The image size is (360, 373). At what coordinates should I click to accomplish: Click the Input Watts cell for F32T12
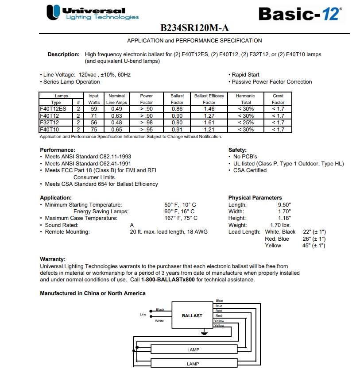(x=93, y=123)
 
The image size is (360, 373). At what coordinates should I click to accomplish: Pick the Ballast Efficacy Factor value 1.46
(x=209, y=109)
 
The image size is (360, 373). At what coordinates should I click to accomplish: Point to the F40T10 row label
(x=49, y=130)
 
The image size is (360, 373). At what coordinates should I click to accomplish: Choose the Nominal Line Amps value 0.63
(x=116, y=116)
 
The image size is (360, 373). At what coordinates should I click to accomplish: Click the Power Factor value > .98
(x=146, y=123)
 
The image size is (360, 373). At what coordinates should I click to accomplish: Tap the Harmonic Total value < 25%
(x=245, y=123)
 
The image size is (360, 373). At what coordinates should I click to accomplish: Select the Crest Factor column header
(x=278, y=99)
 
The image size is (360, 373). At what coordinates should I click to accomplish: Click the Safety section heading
(x=237, y=150)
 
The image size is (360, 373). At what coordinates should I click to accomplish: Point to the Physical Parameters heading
(x=255, y=198)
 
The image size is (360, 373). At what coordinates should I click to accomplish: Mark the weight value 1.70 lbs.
(x=280, y=225)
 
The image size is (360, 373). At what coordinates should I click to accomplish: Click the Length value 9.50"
(x=284, y=205)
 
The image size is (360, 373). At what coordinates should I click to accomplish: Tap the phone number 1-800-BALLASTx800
(x=168, y=280)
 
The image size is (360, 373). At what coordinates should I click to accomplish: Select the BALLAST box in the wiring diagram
(x=192, y=315)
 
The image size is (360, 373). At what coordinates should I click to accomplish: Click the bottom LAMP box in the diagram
(x=193, y=364)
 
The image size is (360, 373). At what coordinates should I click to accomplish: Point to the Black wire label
(x=160, y=310)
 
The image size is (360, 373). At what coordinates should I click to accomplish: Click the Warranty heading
(x=53, y=259)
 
